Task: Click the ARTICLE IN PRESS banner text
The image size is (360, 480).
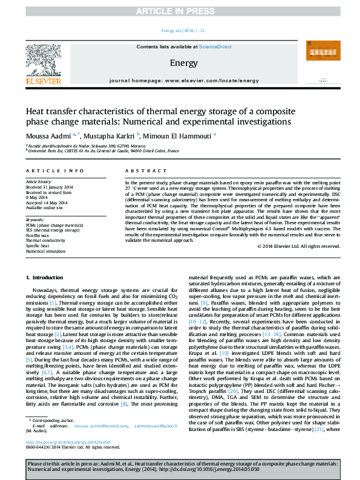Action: [180, 11]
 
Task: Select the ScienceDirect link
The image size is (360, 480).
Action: [215, 47]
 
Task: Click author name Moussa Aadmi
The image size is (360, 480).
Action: [45, 135]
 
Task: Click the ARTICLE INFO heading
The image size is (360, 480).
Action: [54, 171]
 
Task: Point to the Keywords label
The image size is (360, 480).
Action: [36, 219]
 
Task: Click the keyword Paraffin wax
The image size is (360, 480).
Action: [37, 235]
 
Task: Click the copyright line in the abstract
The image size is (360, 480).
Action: [294, 246]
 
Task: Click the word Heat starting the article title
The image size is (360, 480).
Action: [34, 112]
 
